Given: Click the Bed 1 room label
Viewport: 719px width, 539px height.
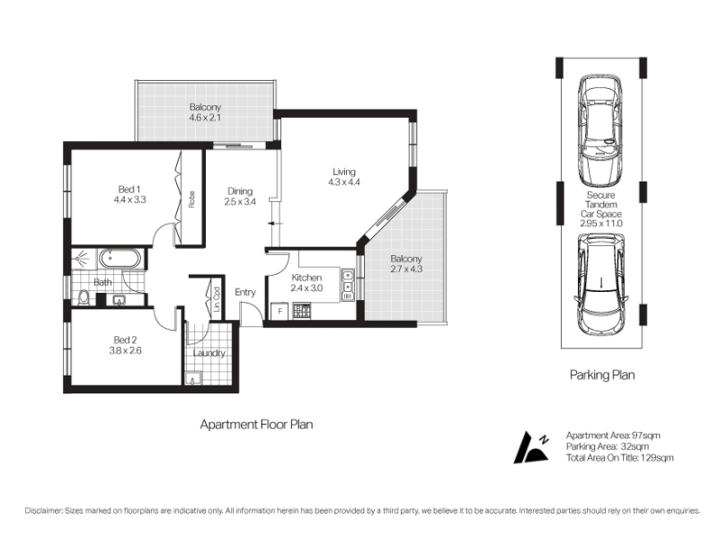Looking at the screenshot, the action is (129, 190).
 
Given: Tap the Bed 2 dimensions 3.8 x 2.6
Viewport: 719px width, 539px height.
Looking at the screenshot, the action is (125, 350).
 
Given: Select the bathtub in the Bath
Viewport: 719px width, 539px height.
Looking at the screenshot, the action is (120, 259).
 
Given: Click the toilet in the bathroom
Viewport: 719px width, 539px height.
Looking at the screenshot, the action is (84, 298).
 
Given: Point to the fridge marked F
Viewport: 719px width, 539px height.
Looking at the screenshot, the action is (280, 311).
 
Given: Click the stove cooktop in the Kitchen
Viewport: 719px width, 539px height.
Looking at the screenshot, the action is (302, 311).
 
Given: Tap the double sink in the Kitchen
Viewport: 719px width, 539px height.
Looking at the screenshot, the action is (348, 285).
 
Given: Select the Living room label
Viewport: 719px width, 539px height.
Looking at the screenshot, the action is (344, 172).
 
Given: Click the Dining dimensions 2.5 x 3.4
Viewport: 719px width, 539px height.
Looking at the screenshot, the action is (240, 201).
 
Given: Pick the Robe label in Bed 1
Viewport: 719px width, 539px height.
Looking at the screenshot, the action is (191, 199).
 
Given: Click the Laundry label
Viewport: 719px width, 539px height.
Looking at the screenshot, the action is (209, 353).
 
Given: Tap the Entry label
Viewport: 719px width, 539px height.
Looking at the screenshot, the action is (245, 293).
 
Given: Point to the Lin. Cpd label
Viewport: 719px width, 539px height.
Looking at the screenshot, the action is (217, 299).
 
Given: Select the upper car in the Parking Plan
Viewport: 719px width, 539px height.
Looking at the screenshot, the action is (600, 128).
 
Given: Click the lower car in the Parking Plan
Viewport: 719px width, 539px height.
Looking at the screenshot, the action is (600, 285).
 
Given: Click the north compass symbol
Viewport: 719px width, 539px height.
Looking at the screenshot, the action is (531, 447).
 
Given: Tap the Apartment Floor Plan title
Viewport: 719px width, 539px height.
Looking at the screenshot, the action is (256, 424).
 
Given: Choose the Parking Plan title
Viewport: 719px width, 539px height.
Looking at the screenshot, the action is (602, 375).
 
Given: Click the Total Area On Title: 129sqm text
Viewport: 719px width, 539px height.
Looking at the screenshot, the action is (620, 457).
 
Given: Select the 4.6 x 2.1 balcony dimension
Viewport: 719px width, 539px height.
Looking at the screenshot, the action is (206, 118).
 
